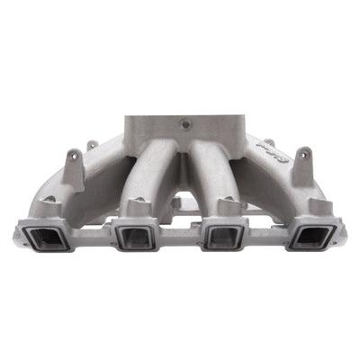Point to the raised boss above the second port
(137, 207)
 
